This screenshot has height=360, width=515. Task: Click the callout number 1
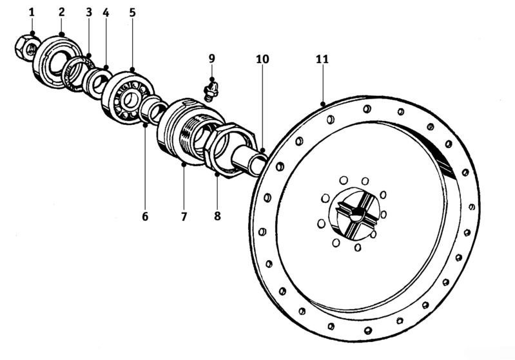pos(32,12)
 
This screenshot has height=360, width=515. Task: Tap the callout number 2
pos(62,12)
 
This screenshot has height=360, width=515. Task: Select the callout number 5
pos(132,12)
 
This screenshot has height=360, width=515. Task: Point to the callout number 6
pos(145,216)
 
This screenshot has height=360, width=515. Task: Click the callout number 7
pos(184,216)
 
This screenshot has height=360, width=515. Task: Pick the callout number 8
pos(217,216)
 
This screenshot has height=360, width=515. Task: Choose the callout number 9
pos(212,59)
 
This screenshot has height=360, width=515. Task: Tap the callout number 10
pos(262,59)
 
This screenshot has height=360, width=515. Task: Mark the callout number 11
pos(322,59)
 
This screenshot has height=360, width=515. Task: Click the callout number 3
pos(89,12)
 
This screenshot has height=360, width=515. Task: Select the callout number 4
pos(106,12)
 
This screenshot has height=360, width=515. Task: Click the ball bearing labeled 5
pos(128,97)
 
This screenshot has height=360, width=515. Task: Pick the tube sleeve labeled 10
pos(249,160)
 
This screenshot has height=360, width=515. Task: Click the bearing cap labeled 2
pos(58,62)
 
